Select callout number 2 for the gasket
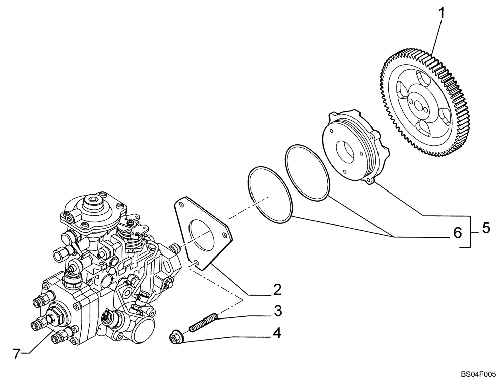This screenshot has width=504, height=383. click(x=277, y=289)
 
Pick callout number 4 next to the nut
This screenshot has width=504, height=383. click(x=277, y=333)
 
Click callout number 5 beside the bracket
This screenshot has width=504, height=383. click(x=486, y=228)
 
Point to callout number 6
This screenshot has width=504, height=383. click(x=457, y=233)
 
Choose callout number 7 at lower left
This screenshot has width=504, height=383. click(x=17, y=354)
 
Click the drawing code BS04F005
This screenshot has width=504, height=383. click(x=478, y=374)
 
